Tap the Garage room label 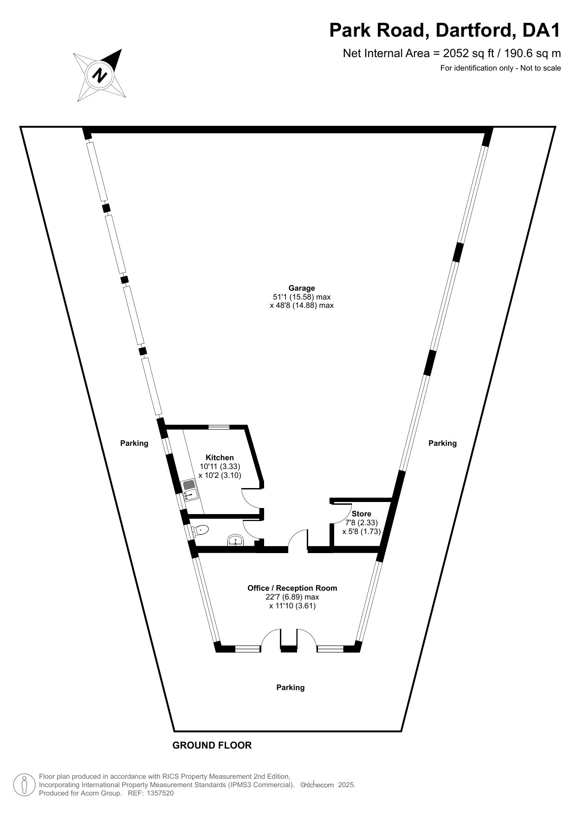(x=302, y=288)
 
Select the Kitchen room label (x=220, y=457)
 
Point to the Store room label (x=361, y=514)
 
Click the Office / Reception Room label (x=292, y=588)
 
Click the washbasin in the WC (x=236, y=540)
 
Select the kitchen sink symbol (x=190, y=491)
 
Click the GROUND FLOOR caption (x=212, y=745)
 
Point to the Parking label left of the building (x=134, y=443)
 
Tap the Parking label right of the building (x=442, y=443)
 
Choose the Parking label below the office (x=291, y=687)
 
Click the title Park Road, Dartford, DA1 (x=445, y=31)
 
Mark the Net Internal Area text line (x=452, y=53)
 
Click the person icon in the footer (x=24, y=785)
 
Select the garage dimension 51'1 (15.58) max (x=302, y=297)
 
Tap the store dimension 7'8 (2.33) (x=361, y=522)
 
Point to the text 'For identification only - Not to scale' (x=500, y=68)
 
